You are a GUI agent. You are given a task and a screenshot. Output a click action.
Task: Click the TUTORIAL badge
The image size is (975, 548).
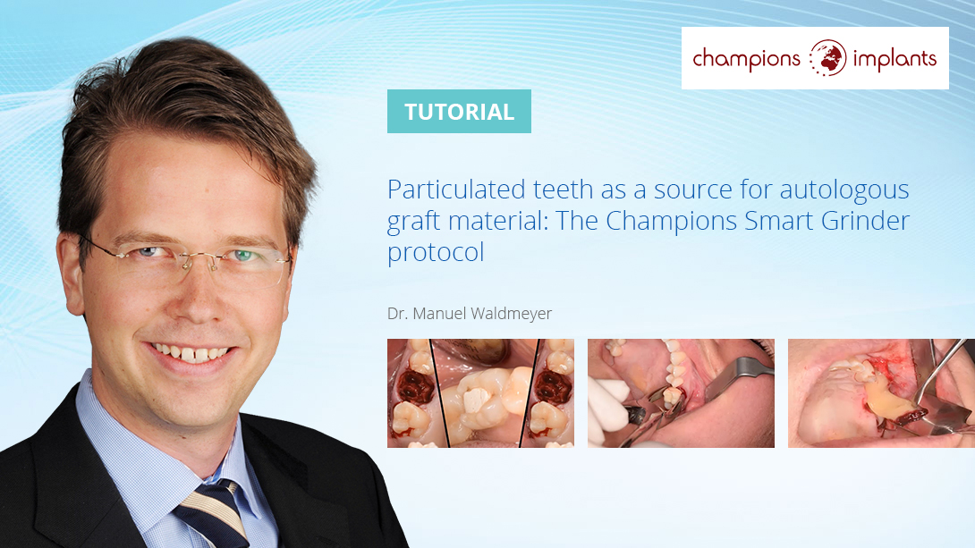[459, 111]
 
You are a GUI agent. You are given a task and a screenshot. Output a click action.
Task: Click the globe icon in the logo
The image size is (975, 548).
[827, 58]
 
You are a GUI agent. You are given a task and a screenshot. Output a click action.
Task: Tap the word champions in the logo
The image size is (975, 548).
[746, 59]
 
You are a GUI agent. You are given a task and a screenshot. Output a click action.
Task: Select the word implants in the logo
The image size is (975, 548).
[894, 59]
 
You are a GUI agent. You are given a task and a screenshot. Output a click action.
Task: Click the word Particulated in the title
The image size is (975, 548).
[456, 190]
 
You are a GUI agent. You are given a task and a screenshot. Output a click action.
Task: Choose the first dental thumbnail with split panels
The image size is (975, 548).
[480, 393]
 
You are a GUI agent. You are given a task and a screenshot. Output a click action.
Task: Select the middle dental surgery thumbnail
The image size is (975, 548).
[681, 393]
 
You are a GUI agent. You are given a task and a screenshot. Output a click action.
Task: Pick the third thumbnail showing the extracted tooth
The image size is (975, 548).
[881, 393]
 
